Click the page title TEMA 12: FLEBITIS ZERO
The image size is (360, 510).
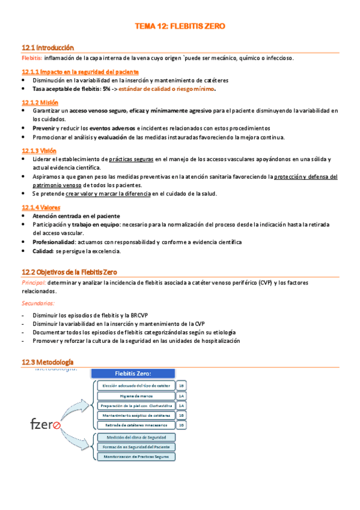click(x=180, y=26)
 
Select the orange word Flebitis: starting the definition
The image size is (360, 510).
click(x=31, y=58)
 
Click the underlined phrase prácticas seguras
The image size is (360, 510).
click(x=131, y=159)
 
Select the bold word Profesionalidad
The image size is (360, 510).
click(x=54, y=242)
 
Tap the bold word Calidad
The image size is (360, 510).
click(x=42, y=251)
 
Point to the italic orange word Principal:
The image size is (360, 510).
click(x=34, y=283)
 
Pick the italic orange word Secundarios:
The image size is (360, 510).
click(x=38, y=304)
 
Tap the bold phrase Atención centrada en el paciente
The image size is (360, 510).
click(x=76, y=216)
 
